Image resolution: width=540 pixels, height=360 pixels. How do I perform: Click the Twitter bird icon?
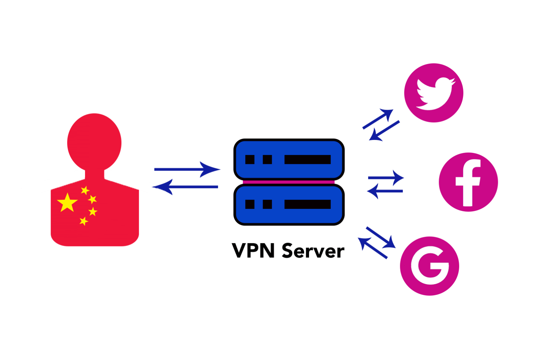434,93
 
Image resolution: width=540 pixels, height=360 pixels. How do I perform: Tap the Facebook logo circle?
468,182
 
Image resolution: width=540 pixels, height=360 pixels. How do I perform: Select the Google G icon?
430,266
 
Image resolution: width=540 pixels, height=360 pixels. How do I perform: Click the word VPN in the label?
253,251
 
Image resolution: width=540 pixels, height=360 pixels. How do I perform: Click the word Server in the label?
313,251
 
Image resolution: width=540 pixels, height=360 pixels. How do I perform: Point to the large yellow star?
67,202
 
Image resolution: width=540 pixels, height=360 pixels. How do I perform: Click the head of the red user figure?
94,142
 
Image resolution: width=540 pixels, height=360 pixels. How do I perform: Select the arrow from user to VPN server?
187,169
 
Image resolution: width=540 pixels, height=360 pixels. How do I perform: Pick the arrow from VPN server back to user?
185,187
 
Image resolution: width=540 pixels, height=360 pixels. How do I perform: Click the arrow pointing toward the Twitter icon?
378,119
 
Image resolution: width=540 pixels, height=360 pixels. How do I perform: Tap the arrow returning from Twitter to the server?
384,131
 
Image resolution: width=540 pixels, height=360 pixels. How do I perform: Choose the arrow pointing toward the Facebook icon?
386,178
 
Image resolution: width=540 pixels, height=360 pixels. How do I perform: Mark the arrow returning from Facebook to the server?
385,191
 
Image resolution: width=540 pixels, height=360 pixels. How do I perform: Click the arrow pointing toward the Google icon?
381,238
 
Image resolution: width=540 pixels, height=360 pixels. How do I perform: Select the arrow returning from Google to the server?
373,248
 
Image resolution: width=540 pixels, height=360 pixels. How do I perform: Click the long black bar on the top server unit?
308,159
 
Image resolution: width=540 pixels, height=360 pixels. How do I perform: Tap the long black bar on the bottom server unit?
308,204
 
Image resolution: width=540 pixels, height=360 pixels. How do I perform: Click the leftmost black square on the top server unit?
250,159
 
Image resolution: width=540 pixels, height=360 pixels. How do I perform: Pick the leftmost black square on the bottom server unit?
250,204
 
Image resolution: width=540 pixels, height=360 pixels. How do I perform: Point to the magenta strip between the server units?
289,182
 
